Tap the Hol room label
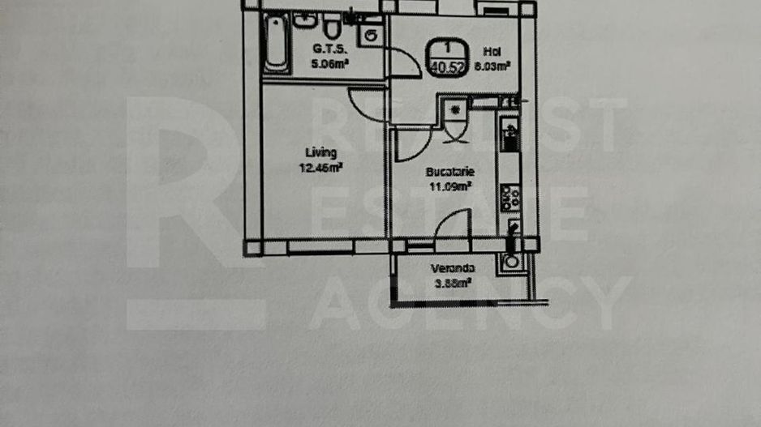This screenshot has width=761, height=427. [490, 50]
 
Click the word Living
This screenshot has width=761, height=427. [320, 152]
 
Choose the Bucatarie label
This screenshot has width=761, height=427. [450, 173]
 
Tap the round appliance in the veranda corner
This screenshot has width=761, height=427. [511, 261]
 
